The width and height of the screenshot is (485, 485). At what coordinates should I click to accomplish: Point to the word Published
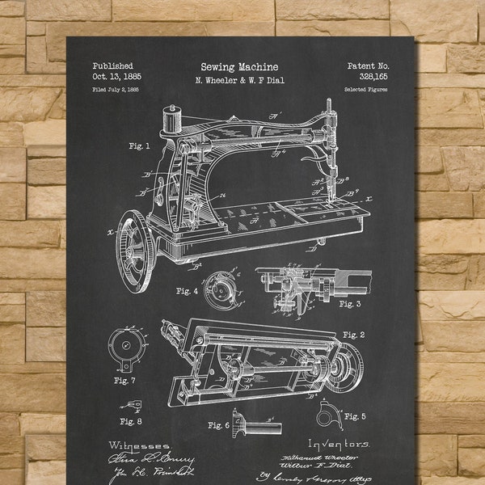[x=113, y=66]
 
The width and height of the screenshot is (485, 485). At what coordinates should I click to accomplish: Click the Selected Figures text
[x=366, y=90]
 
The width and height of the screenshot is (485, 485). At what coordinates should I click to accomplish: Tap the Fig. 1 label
[x=138, y=146]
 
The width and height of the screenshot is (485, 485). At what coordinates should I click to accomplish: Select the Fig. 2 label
[x=353, y=335]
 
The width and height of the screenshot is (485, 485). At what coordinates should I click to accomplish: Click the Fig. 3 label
[x=349, y=304]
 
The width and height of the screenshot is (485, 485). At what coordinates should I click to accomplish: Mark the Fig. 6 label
[x=219, y=424]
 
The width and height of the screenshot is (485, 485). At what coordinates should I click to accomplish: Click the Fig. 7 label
[x=125, y=380]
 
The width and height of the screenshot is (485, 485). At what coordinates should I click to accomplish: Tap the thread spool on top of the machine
[x=171, y=119]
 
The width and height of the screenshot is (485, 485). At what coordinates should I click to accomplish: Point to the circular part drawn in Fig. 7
[x=125, y=346]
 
